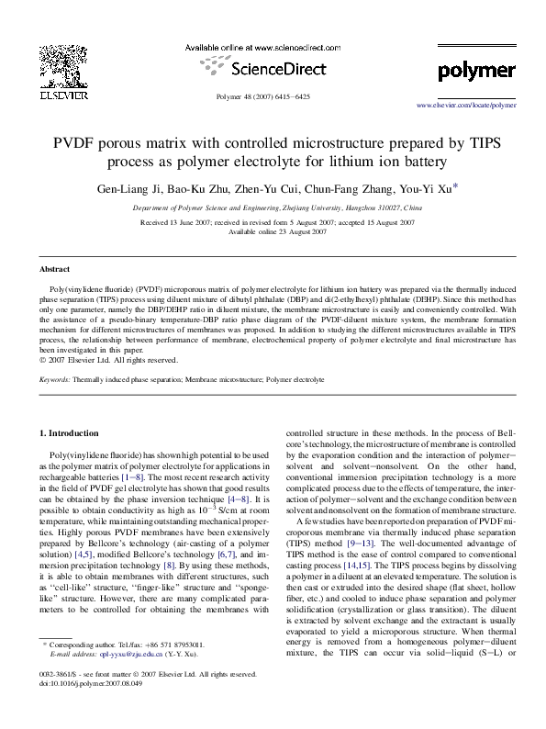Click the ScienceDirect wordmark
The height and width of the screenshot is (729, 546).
273,70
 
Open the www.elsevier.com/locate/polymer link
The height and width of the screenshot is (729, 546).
466,107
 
